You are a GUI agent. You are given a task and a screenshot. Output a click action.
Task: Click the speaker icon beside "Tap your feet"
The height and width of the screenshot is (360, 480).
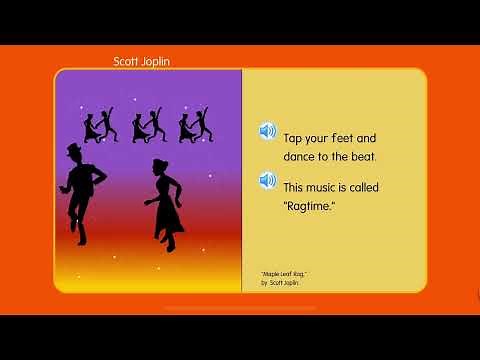tap(267, 131)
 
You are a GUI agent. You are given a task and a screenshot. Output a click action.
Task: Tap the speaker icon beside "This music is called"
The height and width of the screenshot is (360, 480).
tap(267, 180)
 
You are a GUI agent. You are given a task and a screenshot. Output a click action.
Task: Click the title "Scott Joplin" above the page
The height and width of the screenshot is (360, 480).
tap(142, 61)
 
